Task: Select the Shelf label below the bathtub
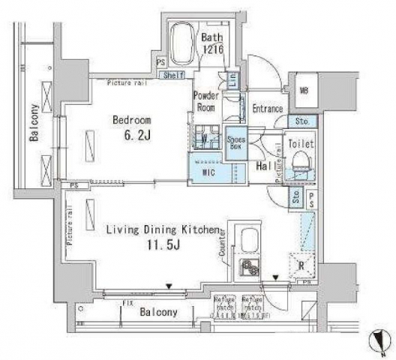coord(173,75)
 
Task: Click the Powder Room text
coord(205,101)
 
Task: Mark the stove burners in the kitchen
coord(246,268)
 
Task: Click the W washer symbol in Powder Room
coord(205,138)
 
